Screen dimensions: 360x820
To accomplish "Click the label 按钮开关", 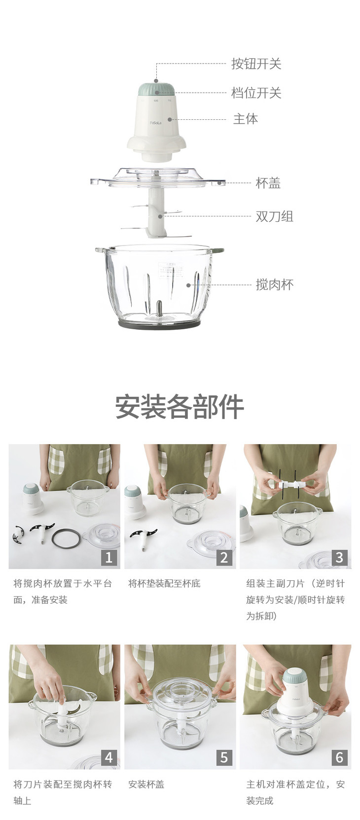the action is click(256, 64).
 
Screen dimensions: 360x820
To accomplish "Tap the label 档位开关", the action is click(256, 93).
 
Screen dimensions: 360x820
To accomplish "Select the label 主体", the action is click(246, 119).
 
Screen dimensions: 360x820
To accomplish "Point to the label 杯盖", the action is click(268, 182).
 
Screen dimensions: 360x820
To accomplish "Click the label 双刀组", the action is click(274, 216).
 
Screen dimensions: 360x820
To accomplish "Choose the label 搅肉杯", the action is click(274, 285).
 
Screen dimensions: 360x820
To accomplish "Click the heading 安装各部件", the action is click(180, 406).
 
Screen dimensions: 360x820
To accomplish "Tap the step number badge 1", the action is click(109, 558).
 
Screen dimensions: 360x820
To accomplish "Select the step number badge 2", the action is click(224, 558).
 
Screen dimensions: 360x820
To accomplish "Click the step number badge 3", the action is click(339, 558).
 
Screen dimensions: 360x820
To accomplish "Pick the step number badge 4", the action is click(109, 757).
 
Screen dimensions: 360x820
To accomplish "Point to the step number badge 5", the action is click(224, 757).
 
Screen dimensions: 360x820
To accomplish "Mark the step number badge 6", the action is click(339, 757).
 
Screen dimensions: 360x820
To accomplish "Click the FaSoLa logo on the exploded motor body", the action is click(156, 123).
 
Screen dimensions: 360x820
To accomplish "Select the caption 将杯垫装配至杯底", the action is click(164, 583).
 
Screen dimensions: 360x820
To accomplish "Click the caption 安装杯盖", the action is click(146, 784).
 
